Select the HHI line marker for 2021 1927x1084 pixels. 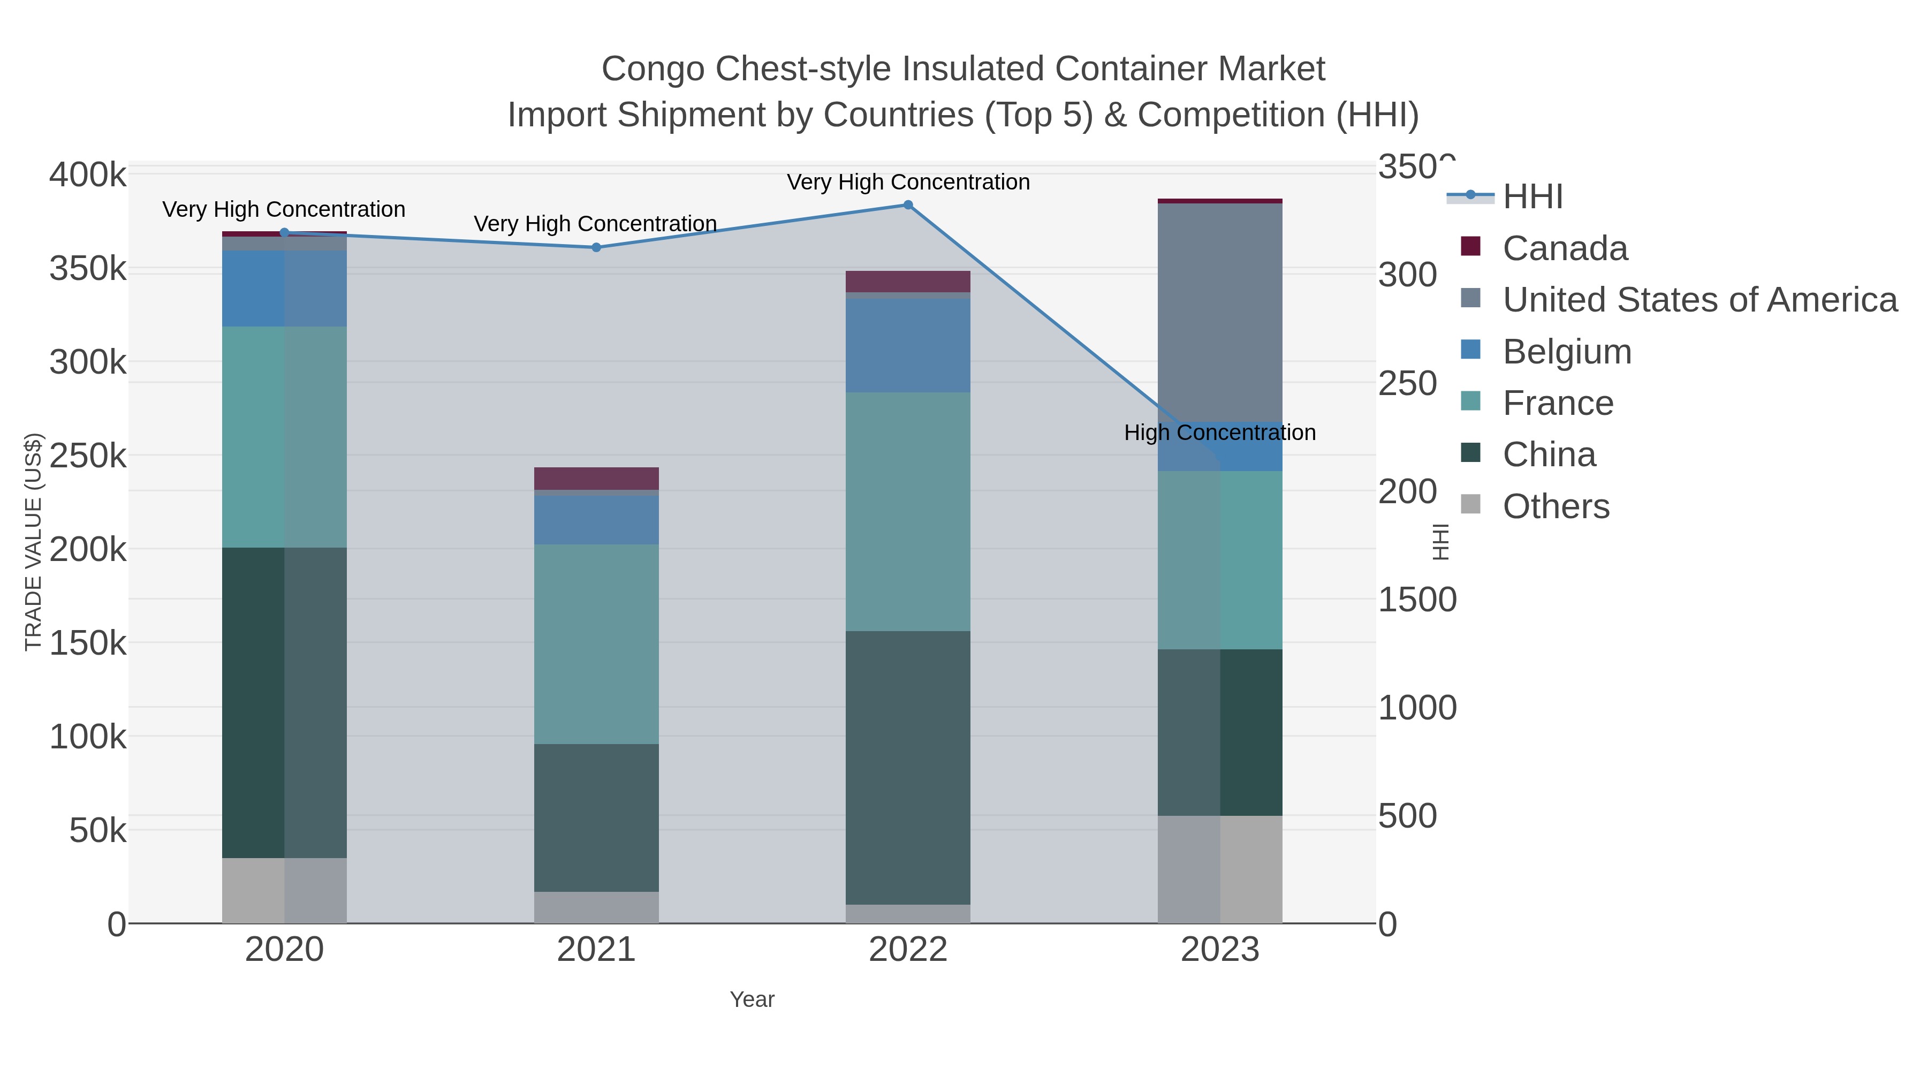596,248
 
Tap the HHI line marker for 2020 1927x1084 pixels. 284,233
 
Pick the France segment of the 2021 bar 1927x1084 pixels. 596,643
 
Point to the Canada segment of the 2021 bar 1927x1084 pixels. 596,478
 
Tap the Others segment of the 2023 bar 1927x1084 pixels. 1219,869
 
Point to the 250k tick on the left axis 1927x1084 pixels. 88,456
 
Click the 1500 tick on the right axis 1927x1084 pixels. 1417,600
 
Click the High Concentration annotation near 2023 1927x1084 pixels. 1219,433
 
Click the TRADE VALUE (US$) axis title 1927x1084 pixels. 34,542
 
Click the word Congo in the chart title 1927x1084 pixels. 653,69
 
